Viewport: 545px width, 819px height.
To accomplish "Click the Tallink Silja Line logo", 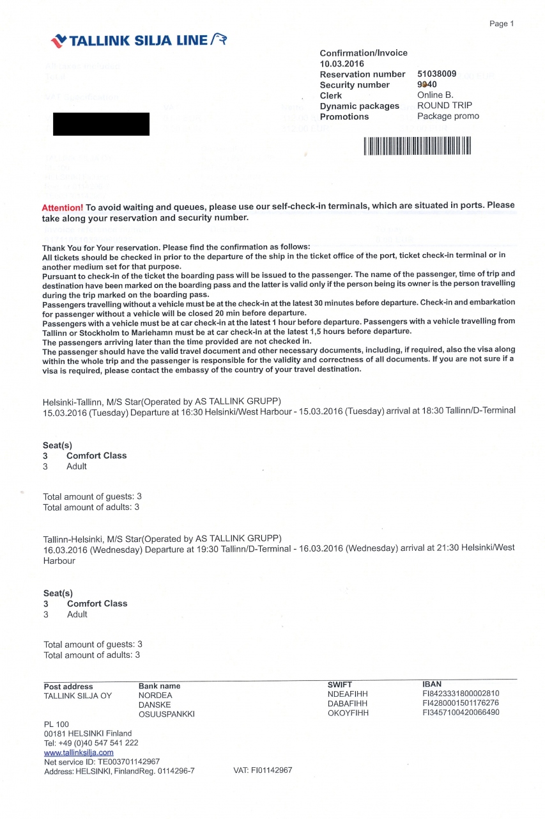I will tap(139, 41).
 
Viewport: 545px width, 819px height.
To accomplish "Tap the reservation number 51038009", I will tap(436, 74).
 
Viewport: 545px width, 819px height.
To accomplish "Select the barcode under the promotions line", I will tap(417, 146).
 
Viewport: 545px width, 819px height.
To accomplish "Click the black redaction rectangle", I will tap(101, 124).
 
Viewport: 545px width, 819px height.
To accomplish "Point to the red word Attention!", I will tap(62, 208).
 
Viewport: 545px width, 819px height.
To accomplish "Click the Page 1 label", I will tap(502, 24).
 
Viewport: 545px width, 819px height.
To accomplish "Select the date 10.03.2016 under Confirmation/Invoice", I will tap(341, 63).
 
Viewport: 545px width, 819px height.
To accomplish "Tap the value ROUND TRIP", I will tap(445, 106).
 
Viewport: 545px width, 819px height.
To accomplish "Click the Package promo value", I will tap(448, 116).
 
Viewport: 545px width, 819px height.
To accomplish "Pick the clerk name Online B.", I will tap(435, 95).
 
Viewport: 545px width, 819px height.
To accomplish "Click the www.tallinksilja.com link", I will tap(79, 752).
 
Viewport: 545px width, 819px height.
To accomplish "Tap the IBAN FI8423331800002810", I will tap(461, 694).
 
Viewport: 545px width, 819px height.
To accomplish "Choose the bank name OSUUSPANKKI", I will tap(166, 713).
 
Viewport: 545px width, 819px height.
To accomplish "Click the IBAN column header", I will tap(432, 684).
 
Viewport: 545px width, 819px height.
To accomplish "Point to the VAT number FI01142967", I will tap(263, 770).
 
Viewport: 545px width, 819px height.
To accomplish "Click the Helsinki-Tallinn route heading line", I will tap(161, 402).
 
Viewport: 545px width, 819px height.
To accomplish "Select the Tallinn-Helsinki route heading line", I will tap(162, 538).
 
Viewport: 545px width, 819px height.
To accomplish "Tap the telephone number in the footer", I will tap(91, 743).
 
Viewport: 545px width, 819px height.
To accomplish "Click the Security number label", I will tap(355, 85).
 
